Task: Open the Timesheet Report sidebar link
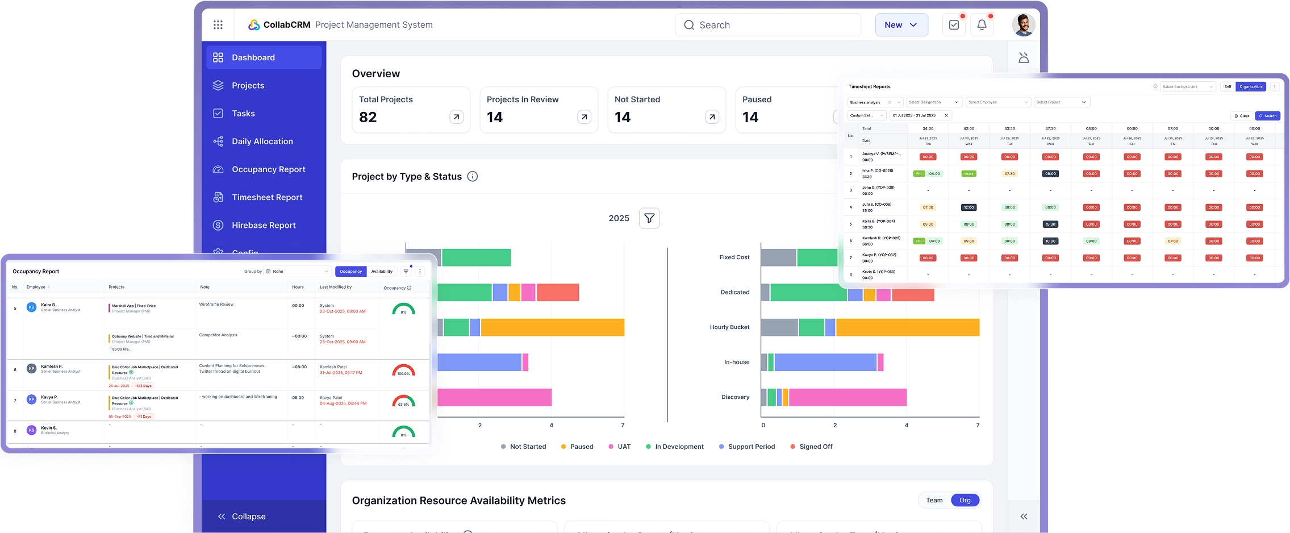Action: point(266,197)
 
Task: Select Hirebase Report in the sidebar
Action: point(263,225)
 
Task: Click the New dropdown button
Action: point(901,25)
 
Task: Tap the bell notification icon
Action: point(982,25)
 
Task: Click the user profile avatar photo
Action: point(1024,25)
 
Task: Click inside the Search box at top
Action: point(773,25)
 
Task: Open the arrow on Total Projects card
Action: point(456,117)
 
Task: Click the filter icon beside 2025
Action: point(649,218)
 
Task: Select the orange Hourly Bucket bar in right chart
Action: point(907,327)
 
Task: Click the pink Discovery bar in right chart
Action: point(847,397)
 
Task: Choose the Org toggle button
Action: point(965,500)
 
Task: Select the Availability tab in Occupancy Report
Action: point(382,272)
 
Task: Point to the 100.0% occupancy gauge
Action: point(403,370)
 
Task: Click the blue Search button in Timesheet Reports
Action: point(1267,116)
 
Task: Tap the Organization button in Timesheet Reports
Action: point(1250,87)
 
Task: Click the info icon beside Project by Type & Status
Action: point(472,176)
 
